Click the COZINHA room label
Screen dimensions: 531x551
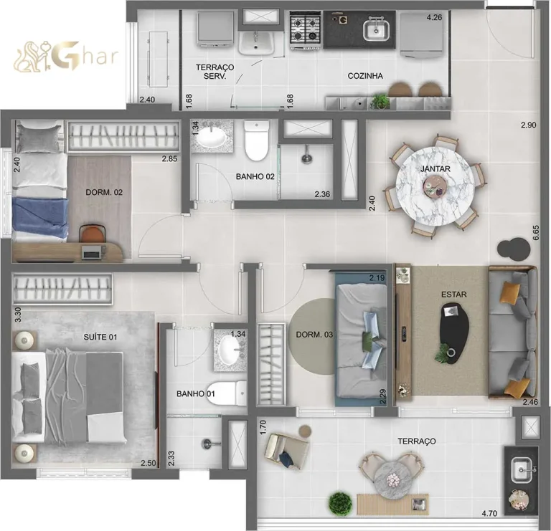click(365, 75)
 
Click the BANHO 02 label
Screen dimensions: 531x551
click(255, 176)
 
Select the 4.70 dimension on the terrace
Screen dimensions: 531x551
click(490, 513)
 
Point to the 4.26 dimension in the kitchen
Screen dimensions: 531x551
click(434, 17)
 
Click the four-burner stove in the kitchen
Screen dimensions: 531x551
click(306, 29)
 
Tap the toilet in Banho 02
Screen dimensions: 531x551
click(256, 141)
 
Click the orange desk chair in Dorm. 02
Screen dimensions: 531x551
click(91, 233)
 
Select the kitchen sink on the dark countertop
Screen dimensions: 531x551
click(375, 30)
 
